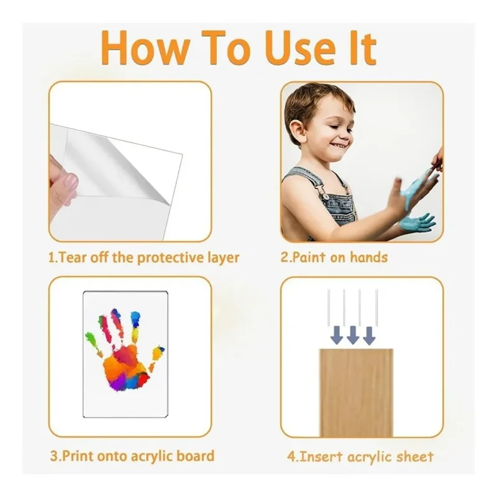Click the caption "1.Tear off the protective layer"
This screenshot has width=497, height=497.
tap(144, 258)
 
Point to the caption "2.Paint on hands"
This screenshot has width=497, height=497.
tap(334, 257)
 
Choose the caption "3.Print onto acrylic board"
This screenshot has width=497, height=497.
tap(132, 456)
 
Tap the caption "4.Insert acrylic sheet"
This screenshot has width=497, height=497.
tap(360, 457)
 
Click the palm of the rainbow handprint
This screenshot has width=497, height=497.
tap(125, 368)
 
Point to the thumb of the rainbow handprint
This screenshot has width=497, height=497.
tap(157, 354)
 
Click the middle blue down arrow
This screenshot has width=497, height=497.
tap(353, 335)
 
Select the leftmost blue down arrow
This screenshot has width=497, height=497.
tap(337, 335)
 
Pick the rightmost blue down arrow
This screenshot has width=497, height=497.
tap(369, 335)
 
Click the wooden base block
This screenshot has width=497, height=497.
tap(356, 393)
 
